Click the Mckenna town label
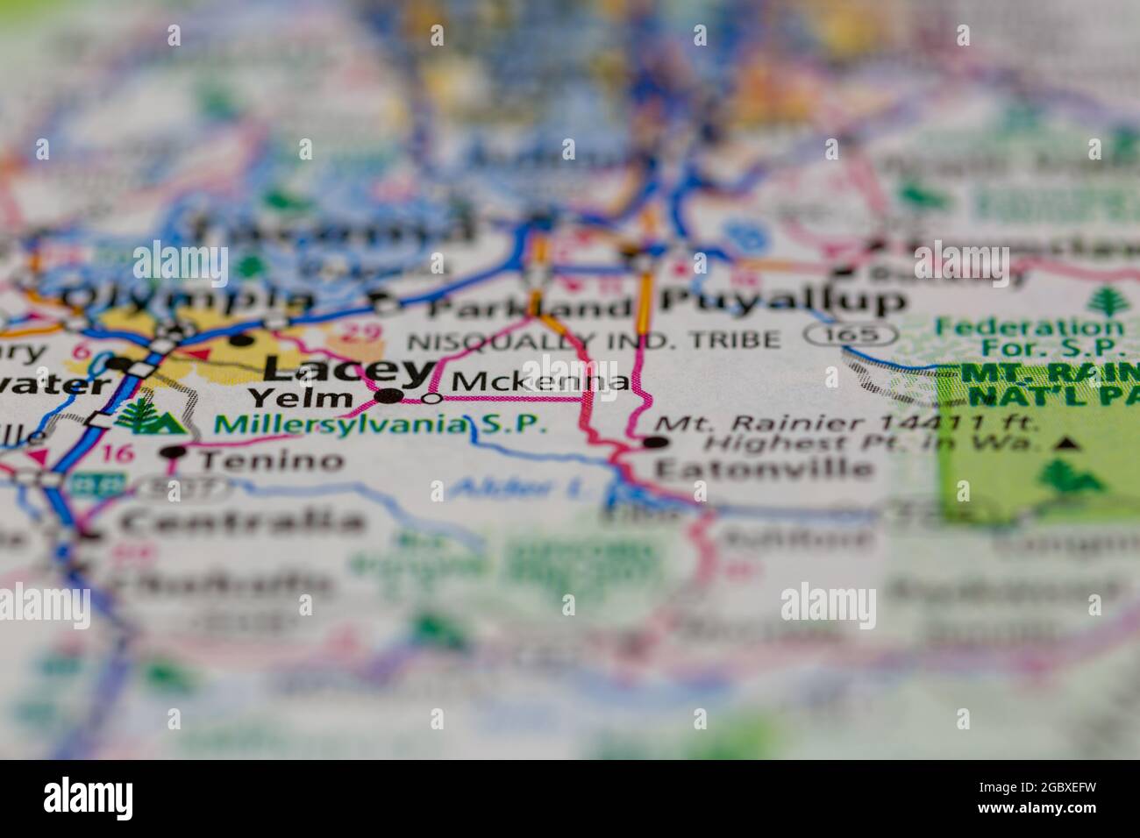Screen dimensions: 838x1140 pos(541,382)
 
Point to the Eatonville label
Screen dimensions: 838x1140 pos(764,468)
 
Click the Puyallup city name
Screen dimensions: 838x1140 pos(783,301)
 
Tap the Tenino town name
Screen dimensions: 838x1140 pos(271,460)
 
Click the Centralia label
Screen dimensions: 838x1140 pos(242,522)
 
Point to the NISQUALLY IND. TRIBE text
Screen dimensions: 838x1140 pos(594,339)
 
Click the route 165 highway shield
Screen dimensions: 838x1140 pos(851,334)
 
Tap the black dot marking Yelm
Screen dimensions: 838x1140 pos(388,397)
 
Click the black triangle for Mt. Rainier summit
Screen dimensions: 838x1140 pos(1065,444)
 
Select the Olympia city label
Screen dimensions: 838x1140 pos(189,298)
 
